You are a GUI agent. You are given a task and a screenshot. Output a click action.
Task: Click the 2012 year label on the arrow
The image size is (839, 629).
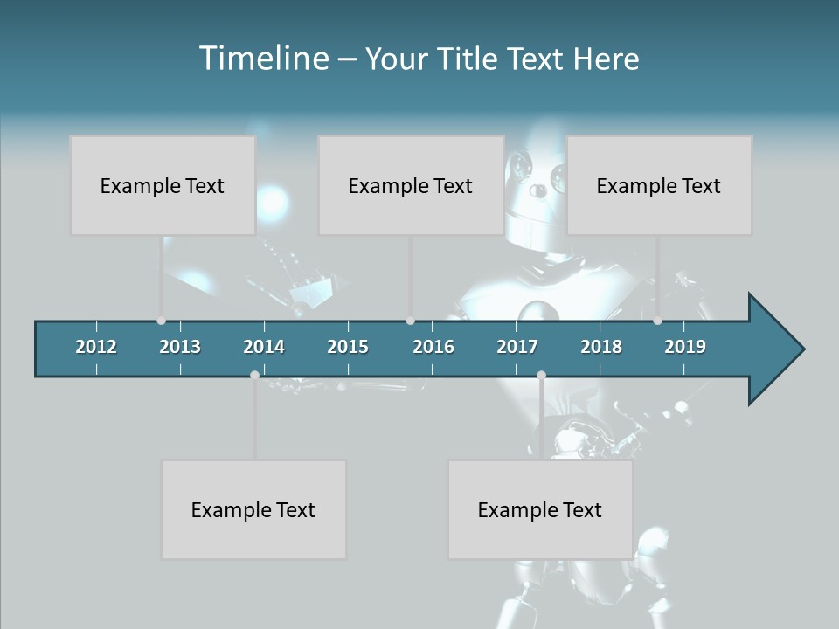click(x=96, y=347)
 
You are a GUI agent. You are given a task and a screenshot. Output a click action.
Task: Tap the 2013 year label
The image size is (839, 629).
click(x=180, y=347)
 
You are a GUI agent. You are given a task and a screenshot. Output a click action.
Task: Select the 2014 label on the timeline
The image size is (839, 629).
click(x=264, y=347)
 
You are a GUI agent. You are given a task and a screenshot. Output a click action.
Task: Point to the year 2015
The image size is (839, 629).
click(x=348, y=347)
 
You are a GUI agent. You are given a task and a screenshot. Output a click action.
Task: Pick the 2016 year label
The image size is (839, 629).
click(x=433, y=347)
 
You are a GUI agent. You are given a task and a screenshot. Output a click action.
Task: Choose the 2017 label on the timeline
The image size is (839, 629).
click(x=517, y=347)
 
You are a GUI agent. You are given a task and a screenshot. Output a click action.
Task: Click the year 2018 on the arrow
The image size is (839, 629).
click(x=601, y=347)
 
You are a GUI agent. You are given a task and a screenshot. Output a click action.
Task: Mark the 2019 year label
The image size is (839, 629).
click(x=685, y=347)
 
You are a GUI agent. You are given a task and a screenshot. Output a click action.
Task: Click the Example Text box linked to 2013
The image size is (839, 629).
click(x=163, y=185)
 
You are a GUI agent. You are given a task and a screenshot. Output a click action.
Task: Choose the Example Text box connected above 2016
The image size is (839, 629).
click(x=411, y=185)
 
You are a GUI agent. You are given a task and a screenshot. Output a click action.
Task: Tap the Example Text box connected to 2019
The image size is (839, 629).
click(x=659, y=185)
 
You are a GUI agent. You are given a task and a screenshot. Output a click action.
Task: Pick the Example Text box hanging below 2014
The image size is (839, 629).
click(x=253, y=509)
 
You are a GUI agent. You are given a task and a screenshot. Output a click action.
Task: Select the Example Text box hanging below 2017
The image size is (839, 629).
click(x=540, y=509)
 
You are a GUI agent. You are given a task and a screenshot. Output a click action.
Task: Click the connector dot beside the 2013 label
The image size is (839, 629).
click(x=161, y=321)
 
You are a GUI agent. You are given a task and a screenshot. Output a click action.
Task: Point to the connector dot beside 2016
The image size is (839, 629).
click(x=411, y=321)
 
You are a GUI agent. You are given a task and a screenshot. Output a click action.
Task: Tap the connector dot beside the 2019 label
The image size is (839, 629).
click(x=658, y=321)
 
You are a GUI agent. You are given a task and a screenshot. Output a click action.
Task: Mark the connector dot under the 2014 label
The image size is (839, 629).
click(x=254, y=375)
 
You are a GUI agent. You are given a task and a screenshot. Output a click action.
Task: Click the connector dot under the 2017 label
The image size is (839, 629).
click(x=541, y=375)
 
